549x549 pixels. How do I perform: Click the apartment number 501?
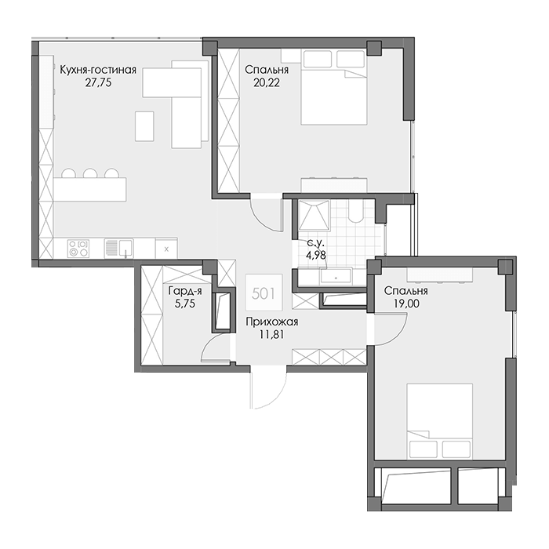(x=264, y=293)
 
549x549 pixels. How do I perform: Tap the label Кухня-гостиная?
(x=98, y=70)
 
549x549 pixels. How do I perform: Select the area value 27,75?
(x=98, y=82)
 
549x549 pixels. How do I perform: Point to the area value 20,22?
(x=267, y=82)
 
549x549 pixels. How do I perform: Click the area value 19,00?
(x=406, y=304)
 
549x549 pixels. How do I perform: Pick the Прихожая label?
(x=271, y=322)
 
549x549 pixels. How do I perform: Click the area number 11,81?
(x=271, y=334)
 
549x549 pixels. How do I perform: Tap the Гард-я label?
(x=185, y=291)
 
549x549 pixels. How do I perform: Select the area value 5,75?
(x=185, y=304)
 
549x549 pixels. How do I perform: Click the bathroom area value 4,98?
(x=316, y=255)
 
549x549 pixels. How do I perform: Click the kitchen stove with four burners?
(x=78, y=249)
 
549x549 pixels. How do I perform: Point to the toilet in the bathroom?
(x=356, y=211)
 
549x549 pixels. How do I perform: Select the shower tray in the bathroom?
(x=314, y=215)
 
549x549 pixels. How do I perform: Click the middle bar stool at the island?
(x=89, y=173)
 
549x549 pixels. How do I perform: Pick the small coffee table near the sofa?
(x=144, y=126)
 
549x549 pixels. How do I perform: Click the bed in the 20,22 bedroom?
(x=333, y=87)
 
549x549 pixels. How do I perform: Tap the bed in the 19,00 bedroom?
(x=440, y=421)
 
